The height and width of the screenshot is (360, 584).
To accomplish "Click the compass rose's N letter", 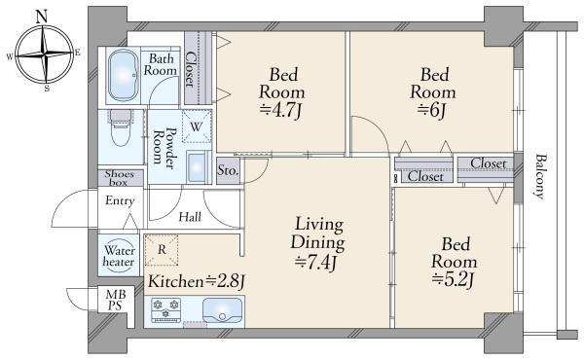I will point(41,15).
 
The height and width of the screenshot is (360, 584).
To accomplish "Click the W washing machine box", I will point(196,126).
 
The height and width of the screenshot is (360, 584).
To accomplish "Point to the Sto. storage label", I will point(228,170).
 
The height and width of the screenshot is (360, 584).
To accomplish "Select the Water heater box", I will point(119,256).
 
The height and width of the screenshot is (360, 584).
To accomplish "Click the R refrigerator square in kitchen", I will point(162,250).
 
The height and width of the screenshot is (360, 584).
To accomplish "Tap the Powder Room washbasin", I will point(197,168).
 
